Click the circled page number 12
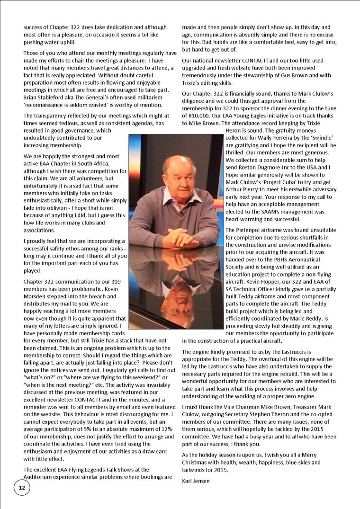pos(22,488)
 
